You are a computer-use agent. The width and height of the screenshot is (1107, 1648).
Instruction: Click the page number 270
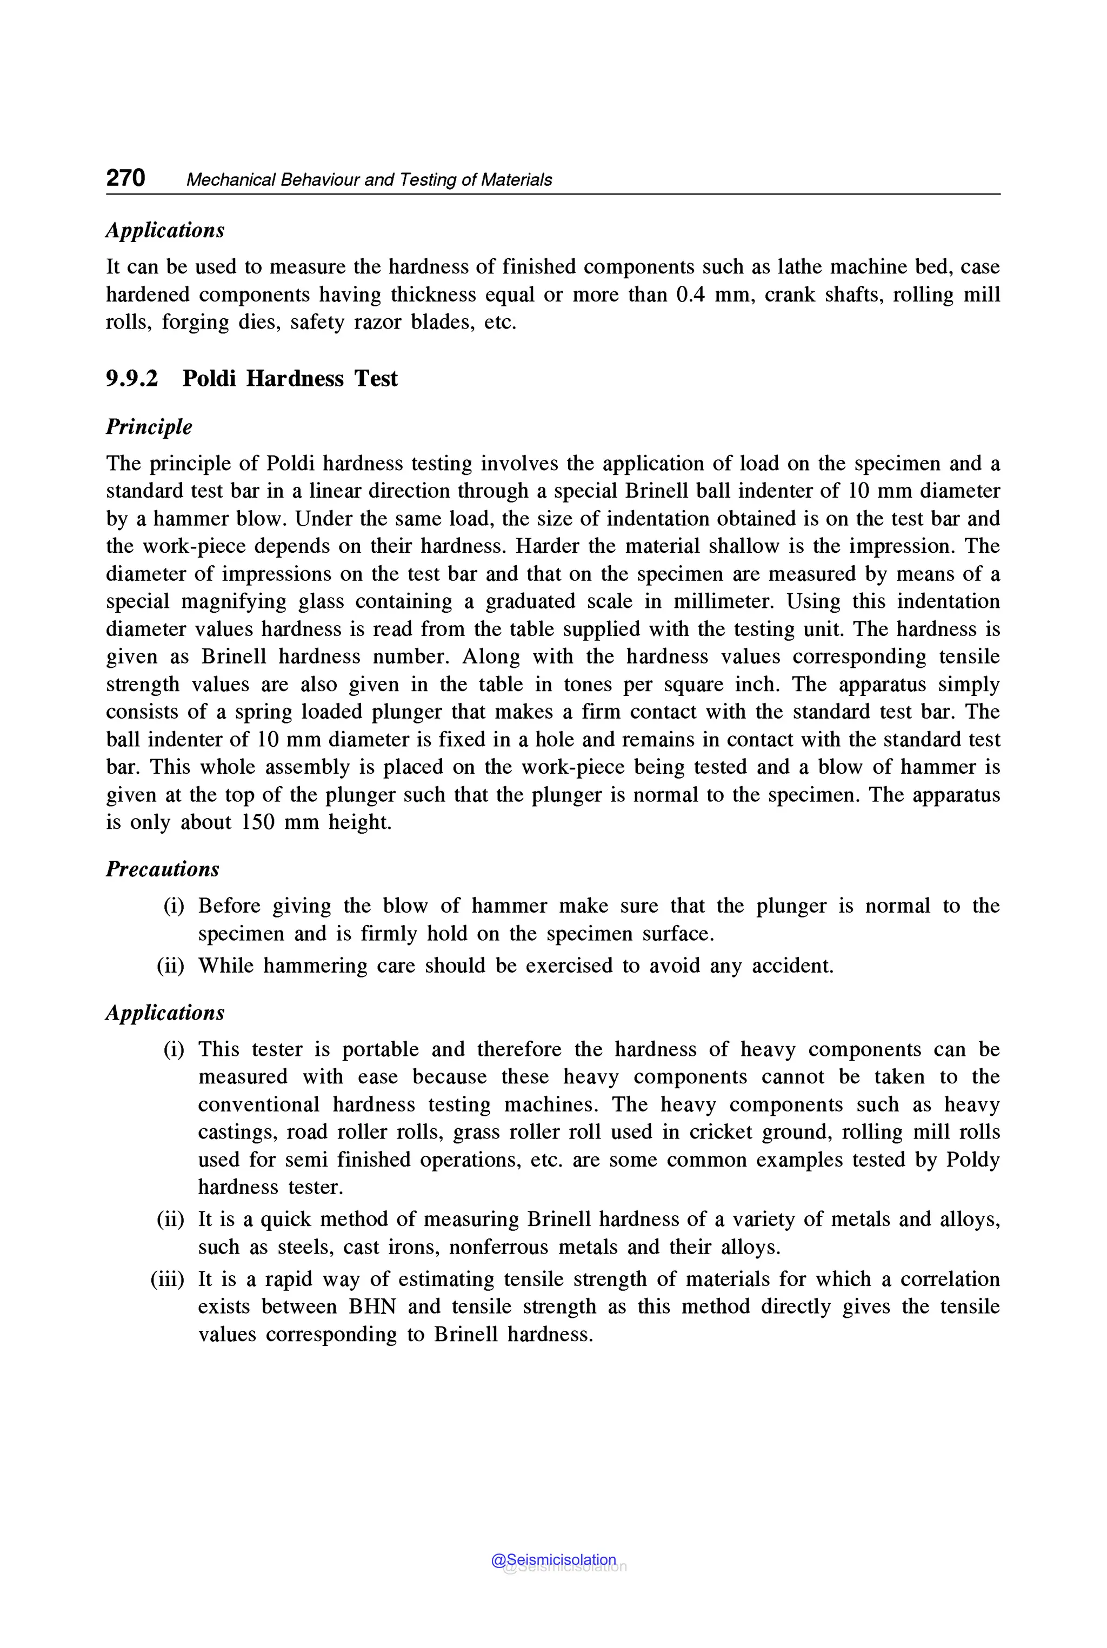[x=125, y=178]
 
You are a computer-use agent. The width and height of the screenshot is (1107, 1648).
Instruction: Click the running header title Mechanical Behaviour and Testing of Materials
[x=369, y=180]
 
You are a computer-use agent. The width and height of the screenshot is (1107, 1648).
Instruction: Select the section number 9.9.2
[x=132, y=379]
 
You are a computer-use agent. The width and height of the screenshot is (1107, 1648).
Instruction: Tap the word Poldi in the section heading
[x=209, y=379]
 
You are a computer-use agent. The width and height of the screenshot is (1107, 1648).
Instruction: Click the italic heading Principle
[x=149, y=427]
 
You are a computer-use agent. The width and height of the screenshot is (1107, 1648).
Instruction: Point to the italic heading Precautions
[x=162, y=869]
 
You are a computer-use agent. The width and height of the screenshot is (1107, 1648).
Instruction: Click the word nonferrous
[x=498, y=1247]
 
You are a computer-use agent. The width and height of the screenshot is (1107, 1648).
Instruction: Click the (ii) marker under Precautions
[x=170, y=966]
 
